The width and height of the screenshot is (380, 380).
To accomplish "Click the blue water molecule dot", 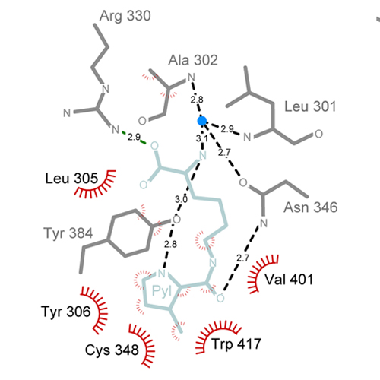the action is point(202,121).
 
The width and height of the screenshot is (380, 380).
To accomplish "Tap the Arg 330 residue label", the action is point(125,16).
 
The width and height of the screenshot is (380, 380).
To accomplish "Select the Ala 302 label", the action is point(193,60).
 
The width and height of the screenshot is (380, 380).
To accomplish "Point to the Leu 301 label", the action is point(310,106).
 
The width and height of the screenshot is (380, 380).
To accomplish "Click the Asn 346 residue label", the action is point(311,207).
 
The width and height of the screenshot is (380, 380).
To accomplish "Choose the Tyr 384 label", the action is point(68,233).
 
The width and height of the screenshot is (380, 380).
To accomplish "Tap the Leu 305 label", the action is point(71,179).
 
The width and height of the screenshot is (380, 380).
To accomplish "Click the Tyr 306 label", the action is point(66,312).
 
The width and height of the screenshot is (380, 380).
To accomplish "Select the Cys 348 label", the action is point(112,350).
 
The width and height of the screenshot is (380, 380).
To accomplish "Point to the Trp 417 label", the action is point(236,344).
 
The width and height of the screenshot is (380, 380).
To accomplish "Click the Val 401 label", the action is point(289,280).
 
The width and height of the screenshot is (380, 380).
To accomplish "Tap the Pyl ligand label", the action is point(162,291).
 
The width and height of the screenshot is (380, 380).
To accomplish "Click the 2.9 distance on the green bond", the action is point(134,137).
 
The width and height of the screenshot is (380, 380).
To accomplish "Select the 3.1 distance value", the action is point(202,138).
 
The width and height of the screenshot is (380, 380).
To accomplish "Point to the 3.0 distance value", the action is point(181,199).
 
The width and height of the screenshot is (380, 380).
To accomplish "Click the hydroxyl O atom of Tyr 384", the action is point(176,220).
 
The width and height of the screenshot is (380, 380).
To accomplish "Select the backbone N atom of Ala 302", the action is point(192,77).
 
